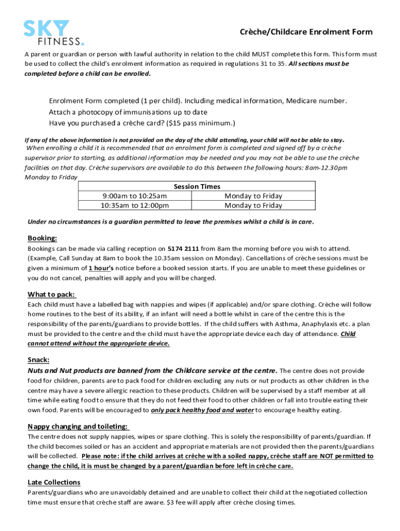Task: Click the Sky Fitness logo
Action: tap(54, 33)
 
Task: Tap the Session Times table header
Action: tap(196, 186)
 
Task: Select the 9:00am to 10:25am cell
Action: tap(134, 196)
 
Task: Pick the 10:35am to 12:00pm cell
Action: tap(134, 205)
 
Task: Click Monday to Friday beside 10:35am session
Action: tap(253, 205)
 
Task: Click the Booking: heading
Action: tap(42, 238)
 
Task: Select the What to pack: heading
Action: tap(51, 295)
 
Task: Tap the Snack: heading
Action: tap(39, 360)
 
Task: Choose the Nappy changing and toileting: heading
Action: tap(78, 426)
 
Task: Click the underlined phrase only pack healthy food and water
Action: tap(202, 410)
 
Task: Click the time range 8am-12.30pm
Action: tap(319, 167)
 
